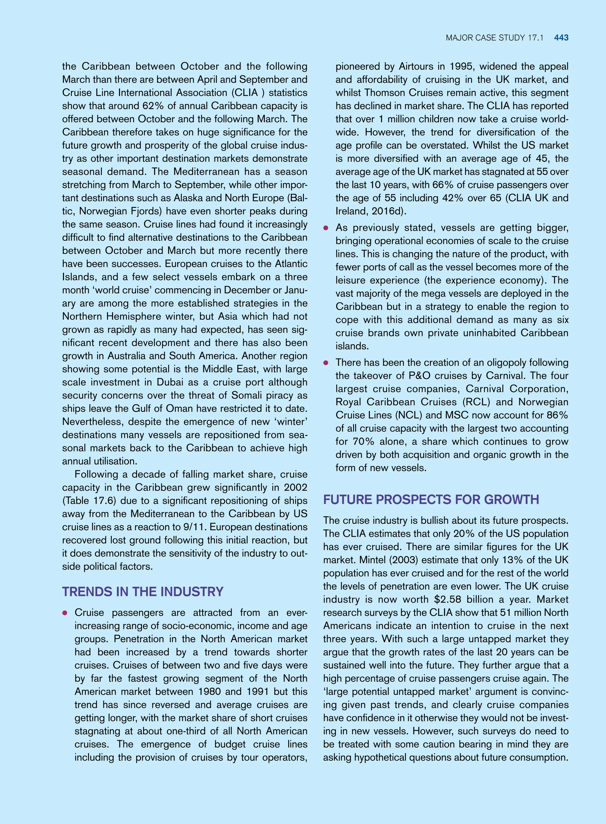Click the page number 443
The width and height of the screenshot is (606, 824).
[561, 38]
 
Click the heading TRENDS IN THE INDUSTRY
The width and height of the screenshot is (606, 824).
[143, 592]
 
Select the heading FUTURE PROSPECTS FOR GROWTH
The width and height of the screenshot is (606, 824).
[431, 499]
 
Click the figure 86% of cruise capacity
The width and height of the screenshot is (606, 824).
[557, 415]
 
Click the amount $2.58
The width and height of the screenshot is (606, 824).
[447, 599]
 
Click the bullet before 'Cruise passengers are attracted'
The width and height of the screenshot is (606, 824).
[65, 613]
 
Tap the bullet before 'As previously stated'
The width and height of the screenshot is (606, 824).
[325, 228]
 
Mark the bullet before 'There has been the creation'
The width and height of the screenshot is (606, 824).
[325, 363]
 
